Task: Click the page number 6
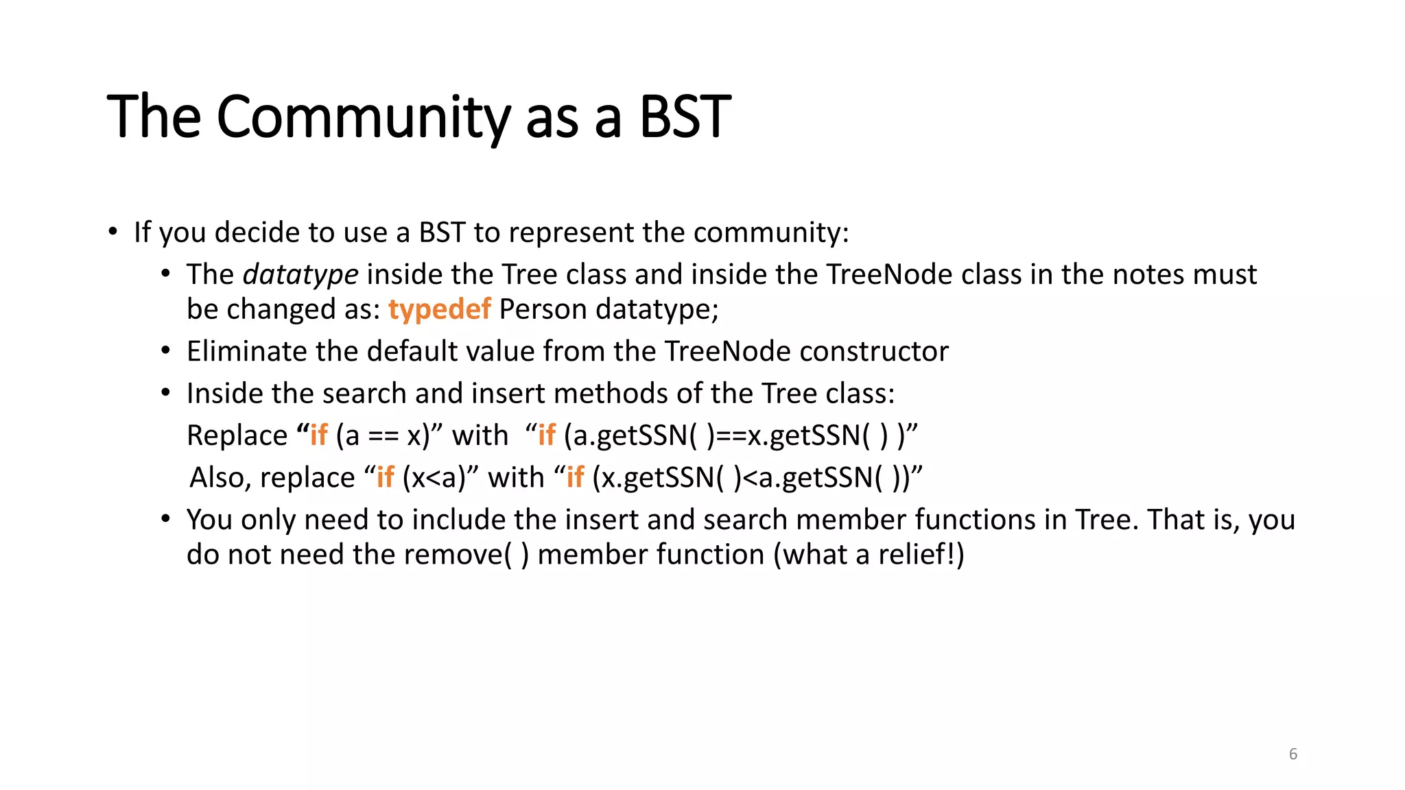point(1292,754)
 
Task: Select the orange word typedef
point(439,309)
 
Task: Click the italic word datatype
point(300,274)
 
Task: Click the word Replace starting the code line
point(237,435)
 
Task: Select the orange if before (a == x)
point(319,435)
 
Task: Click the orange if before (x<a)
point(386,477)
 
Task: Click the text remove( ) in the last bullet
point(466,554)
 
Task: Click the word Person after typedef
point(543,309)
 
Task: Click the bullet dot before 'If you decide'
point(113,232)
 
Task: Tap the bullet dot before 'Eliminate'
point(165,351)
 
